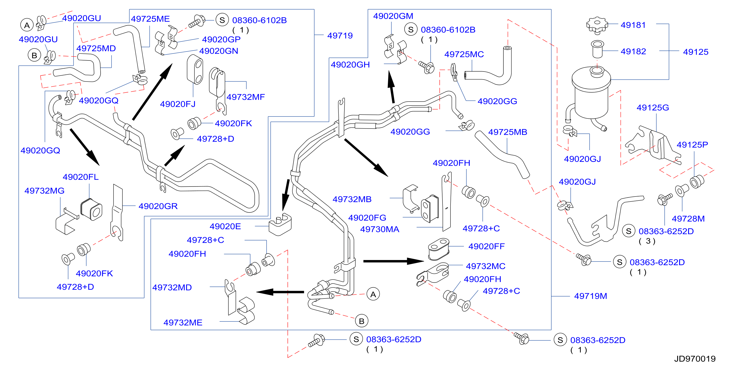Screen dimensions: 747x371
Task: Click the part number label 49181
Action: pyautogui.click(x=633, y=25)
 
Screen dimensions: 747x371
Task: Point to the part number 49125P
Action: pyautogui.click(x=692, y=144)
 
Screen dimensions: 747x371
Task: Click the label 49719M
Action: pyautogui.click(x=591, y=296)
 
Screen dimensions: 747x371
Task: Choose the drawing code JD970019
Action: pyautogui.click(x=695, y=358)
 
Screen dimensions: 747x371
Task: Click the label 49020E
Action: pyautogui.click(x=225, y=226)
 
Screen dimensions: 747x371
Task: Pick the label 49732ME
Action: pyautogui.click(x=183, y=322)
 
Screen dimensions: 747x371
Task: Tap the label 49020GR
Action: pyautogui.click(x=158, y=206)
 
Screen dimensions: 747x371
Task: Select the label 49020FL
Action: pyautogui.click(x=81, y=177)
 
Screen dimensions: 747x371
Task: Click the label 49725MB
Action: pyautogui.click(x=507, y=132)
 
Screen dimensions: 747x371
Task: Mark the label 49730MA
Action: pyautogui.click(x=380, y=229)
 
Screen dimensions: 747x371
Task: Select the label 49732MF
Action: pyautogui.click(x=246, y=97)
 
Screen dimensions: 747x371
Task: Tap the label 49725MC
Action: pyautogui.click(x=464, y=54)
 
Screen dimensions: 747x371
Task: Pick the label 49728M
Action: pyautogui.click(x=688, y=218)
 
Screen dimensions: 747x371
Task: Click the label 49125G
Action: pyautogui.click(x=653, y=107)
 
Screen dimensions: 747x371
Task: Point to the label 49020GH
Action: pyautogui.click(x=350, y=64)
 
